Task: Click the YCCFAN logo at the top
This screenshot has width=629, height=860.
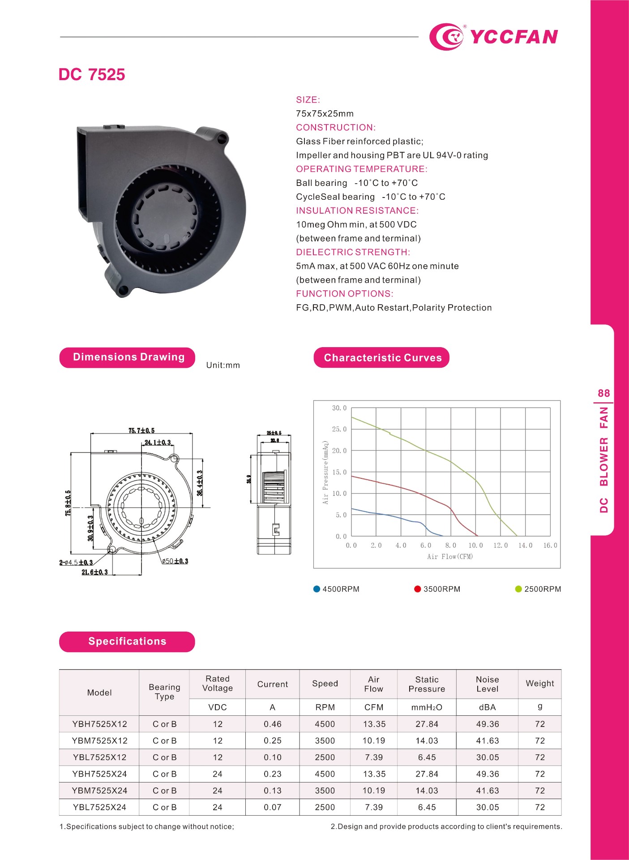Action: pyautogui.click(x=493, y=36)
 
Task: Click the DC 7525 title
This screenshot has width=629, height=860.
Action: pyautogui.click(x=92, y=75)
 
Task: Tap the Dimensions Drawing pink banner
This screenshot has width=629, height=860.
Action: pyautogui.click(x=128, y=357)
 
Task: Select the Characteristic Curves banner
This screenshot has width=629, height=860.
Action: pyautogui.click(x=381, y=358)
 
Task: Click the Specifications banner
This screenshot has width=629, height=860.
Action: pyautogui.click(x=127, y=641)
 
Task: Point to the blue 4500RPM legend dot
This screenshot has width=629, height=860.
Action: pyautogui.click(x=317, y=589)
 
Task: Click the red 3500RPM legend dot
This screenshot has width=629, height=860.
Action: pyautogui.click(x=418, y=589)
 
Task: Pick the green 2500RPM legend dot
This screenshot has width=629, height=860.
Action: pyautogui.click(x=518, y=589)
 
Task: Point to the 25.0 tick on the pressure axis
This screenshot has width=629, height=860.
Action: pyautogui.click(x=339, y=429)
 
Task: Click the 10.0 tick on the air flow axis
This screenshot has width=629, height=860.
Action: pyautogui.click(x=475, y=546)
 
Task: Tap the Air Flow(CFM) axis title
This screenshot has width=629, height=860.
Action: pyautogui.click(x=450, y=557)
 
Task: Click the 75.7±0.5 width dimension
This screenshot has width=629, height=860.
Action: pyautogui.click(x=141, y=430)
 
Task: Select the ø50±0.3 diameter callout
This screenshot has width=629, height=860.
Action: pyautogui.click(x=175, y=561)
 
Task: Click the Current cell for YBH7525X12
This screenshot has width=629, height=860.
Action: pyautogui.click(x=272, y=724)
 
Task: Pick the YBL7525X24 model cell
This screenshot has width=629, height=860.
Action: pyautogui.click(x=99, y=808)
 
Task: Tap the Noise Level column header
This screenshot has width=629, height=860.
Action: pyautogui.click(x=487, y=684)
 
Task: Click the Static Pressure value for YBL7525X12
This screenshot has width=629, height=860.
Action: pyautogui.click(x=427, y=757)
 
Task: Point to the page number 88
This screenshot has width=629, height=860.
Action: pyautogui.click(x=603, y=393)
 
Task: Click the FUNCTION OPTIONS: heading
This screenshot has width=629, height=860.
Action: pyautogui.click(x=345, y=294)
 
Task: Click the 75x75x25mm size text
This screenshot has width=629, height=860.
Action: pyautogui.click(x=325, y=114)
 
